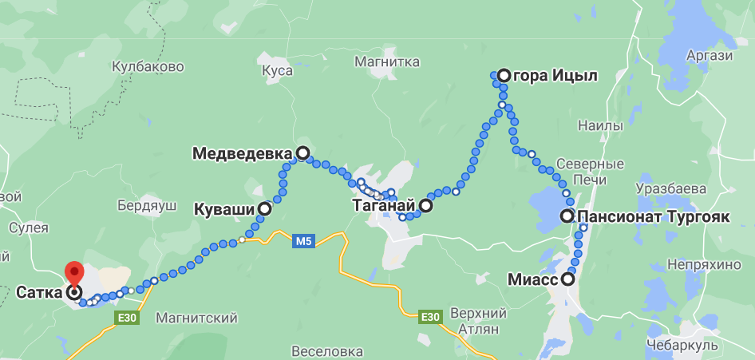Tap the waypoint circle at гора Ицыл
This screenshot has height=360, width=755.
point(504,76)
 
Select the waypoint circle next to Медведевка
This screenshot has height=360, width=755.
point(302,152)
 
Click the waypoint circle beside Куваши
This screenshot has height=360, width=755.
point(264,209)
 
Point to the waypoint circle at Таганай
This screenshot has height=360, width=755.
point(426,206)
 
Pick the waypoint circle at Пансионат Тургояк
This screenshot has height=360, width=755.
point(567,216)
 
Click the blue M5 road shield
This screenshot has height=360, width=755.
point(303,240)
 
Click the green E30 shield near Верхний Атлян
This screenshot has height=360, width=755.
point(430,317)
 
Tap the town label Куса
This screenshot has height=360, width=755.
point(277,71)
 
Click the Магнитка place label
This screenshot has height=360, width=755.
point(387,61)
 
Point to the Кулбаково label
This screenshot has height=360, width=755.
point(148,67)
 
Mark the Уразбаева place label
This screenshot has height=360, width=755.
point(671,189)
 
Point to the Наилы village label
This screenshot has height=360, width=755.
point(599,126)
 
